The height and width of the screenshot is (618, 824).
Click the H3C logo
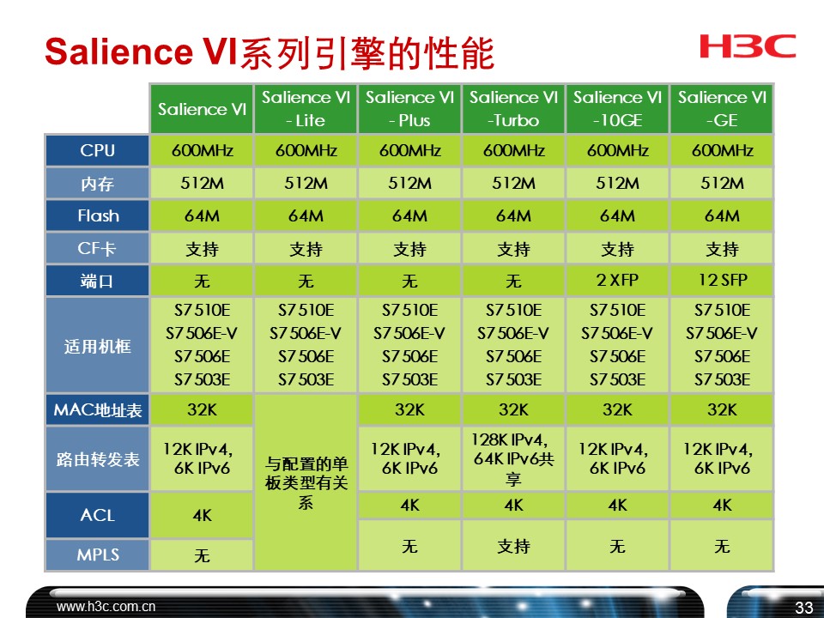(748, 46)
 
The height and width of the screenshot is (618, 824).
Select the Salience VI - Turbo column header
(513, 109)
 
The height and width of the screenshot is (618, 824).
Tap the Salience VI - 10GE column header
(617, 109)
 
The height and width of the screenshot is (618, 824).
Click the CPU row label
(97, 151)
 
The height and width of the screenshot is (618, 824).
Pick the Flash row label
(97, 216)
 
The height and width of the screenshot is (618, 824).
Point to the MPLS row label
(97, 555)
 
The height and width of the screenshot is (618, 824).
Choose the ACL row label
(97, 515)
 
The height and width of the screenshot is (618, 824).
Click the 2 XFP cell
(617, 281)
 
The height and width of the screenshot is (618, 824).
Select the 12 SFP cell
(721, 281)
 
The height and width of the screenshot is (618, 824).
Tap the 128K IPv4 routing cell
(513, 458)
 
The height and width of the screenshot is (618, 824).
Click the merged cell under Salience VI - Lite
(306, 483)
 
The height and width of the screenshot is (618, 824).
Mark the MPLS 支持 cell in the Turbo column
(513, 545)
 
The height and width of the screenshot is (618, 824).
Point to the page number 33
(803, 608)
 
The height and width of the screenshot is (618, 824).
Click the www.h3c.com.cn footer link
(106, 607)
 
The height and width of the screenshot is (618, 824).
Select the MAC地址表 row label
(97, 410)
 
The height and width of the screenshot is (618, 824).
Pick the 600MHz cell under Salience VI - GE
(721, 151)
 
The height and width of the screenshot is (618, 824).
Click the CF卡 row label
(97, 249)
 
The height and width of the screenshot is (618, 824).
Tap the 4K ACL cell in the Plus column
(409, 506)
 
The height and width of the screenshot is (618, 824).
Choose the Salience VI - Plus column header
(409, 109)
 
